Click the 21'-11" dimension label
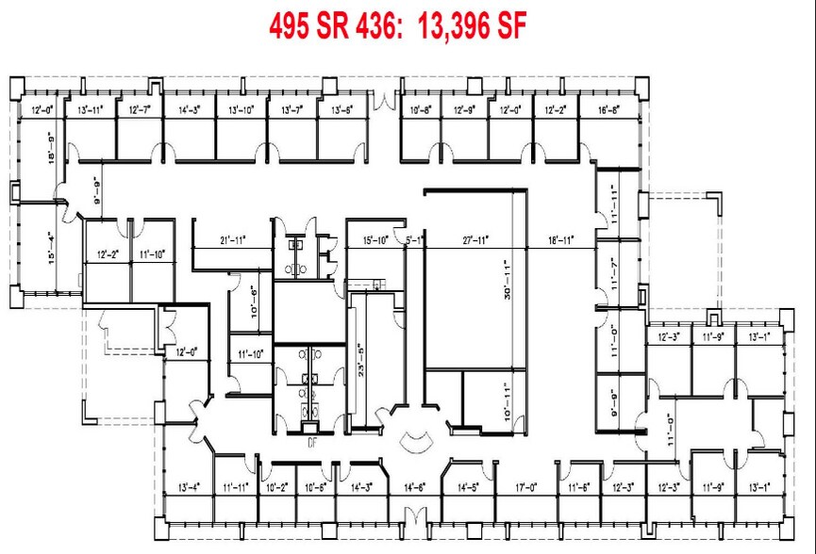[x=232, y=240]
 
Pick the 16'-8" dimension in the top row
[x=609, y=110]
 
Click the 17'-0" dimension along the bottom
[x=526, y=487]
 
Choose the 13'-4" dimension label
[x=187, y=487]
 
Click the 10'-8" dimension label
[x=422, y=110]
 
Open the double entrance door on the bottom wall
[x=412, y=516]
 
